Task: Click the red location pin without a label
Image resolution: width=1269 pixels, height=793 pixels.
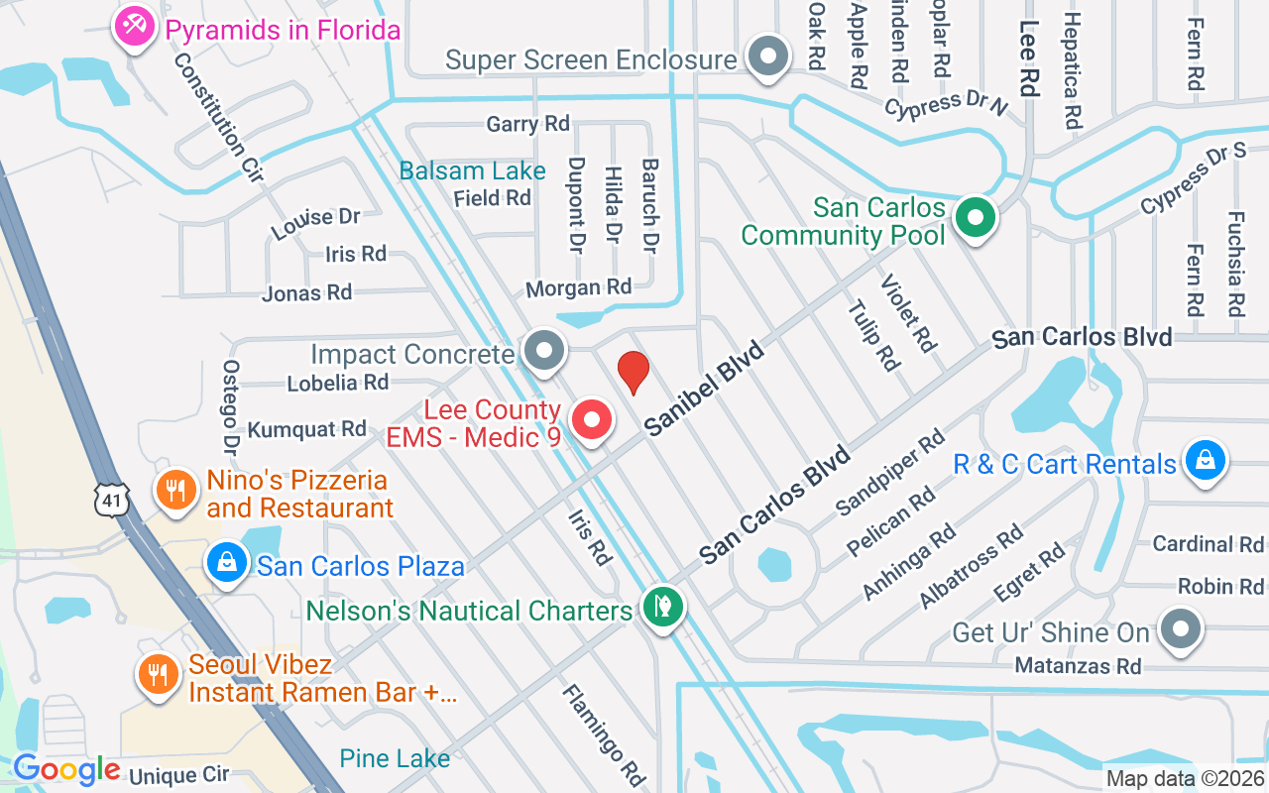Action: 634,371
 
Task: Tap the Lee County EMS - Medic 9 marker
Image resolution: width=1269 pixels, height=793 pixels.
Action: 592,419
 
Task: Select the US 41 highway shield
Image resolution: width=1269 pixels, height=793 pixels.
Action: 112,501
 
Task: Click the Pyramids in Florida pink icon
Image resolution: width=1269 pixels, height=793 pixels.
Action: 132,27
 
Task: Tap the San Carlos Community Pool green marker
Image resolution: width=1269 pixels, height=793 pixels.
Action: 976,217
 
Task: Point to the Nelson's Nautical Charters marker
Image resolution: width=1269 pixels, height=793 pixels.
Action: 661,606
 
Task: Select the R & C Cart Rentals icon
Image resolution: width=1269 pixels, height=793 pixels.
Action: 1204,461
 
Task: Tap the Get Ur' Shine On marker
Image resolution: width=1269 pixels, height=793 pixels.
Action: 1180,628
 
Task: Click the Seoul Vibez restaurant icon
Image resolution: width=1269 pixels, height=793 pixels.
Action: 157,674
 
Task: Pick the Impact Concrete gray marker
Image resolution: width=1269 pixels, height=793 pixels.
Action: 543,351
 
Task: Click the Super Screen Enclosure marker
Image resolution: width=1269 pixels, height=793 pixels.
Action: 766,56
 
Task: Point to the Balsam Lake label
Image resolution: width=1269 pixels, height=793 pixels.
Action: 472,170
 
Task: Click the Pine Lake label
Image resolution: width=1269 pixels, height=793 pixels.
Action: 395,758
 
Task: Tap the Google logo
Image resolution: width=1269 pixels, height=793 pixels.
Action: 66,769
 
